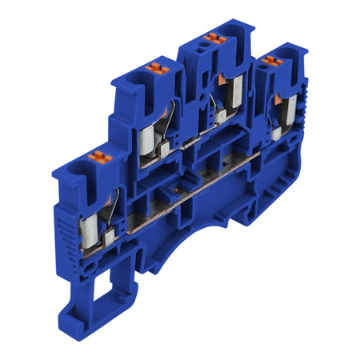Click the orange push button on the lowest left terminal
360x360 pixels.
click(x=100, y=154)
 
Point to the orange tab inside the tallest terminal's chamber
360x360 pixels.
click(x=217, y=78)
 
